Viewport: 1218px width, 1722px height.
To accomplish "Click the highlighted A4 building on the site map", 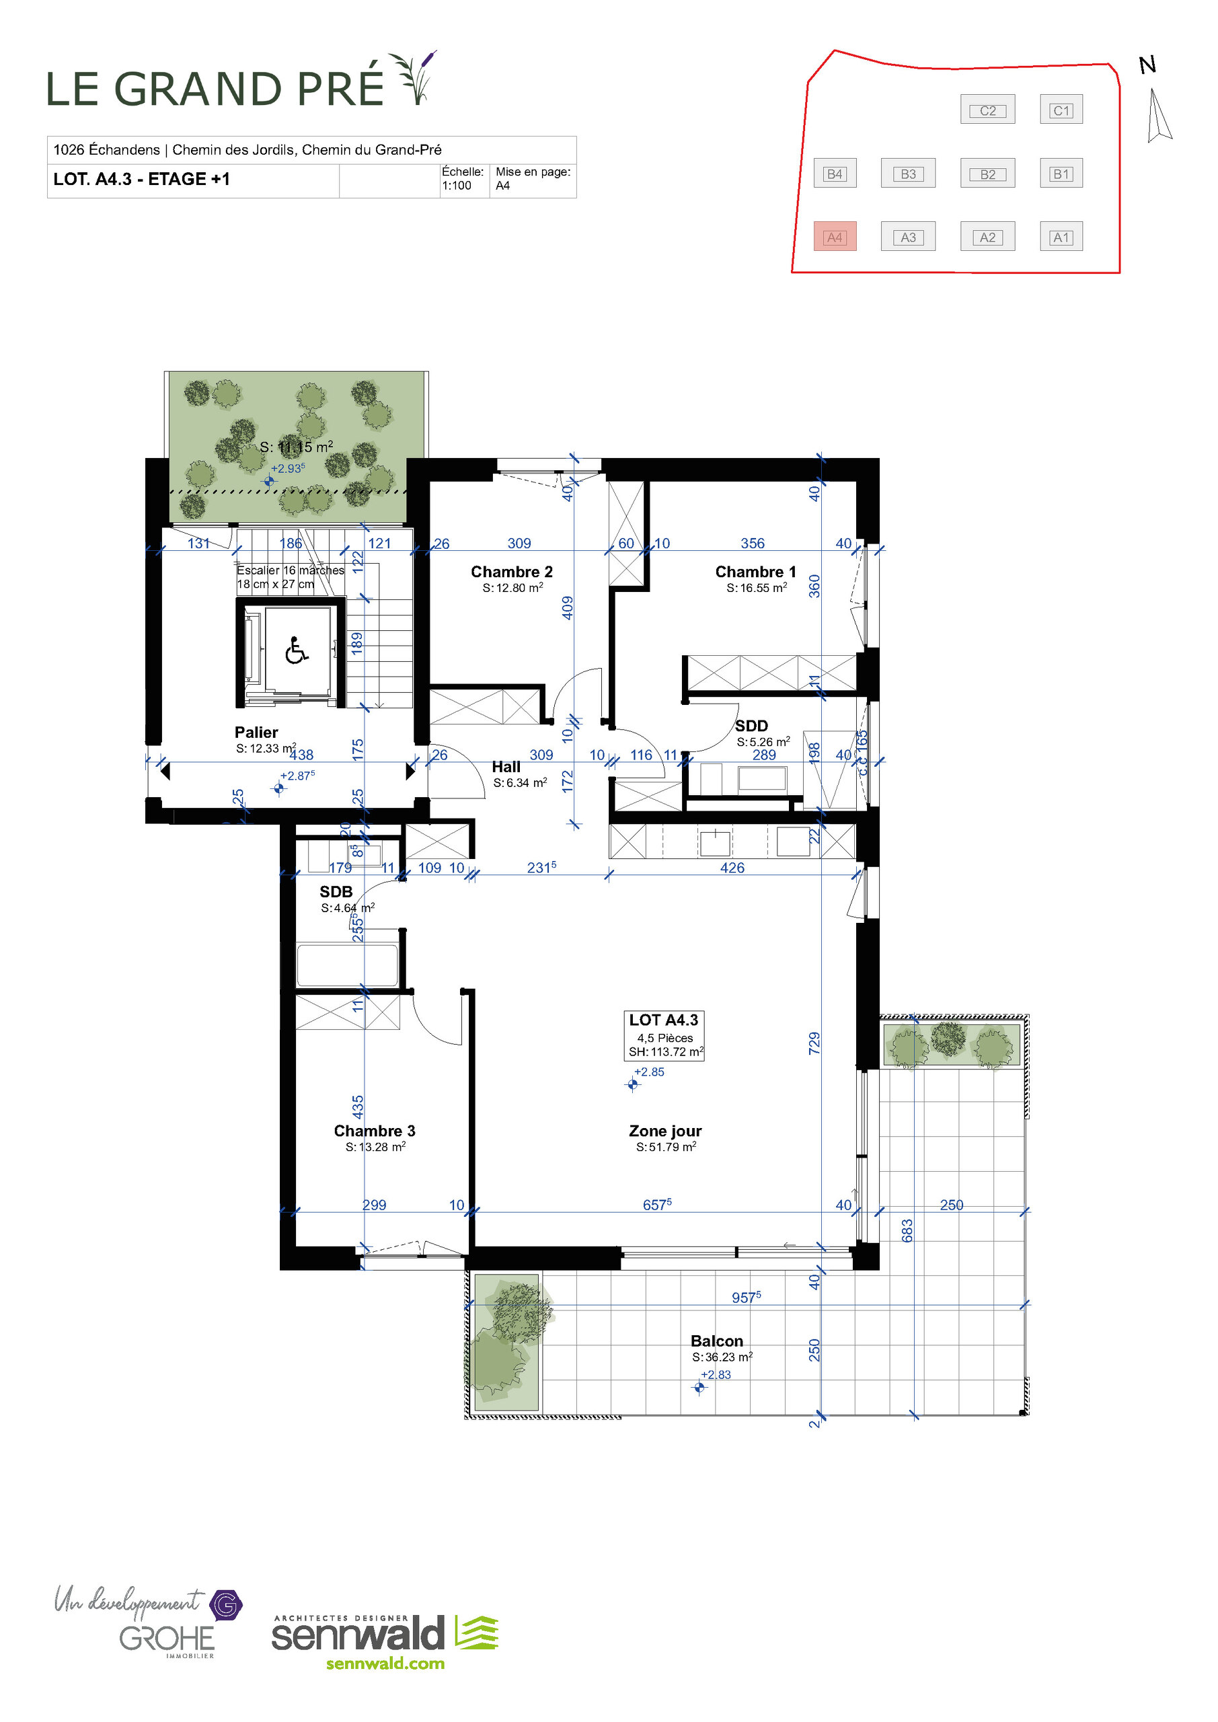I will coord(835,237).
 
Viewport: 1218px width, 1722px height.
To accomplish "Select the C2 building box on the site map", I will coord(988,110).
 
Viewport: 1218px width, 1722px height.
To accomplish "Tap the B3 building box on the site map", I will coord(908,174).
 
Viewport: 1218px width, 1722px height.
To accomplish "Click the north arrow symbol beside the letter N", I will coord(1158,116).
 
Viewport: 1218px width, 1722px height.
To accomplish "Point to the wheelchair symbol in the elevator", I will coord(297,650).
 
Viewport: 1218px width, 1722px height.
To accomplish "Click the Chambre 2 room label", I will coord(512,572).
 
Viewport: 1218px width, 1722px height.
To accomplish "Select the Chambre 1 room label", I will coord(755,572).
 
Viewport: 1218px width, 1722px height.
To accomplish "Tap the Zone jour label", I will coord(665,1131).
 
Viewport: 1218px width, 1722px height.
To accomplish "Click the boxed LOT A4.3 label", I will coord(664,1020).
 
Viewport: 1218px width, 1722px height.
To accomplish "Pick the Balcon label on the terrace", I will coord(717,1341).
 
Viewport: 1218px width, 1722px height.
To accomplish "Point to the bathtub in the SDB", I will coord(347,966).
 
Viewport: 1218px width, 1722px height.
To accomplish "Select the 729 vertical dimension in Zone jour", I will coord(814,1043).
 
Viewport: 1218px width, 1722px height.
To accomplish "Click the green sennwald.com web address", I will coord(385,1663).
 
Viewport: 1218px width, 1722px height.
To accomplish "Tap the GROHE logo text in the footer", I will coord(167,1638).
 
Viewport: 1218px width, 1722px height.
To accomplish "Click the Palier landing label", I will coord(256,733).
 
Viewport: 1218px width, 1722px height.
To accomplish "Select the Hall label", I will coord(506,768).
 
